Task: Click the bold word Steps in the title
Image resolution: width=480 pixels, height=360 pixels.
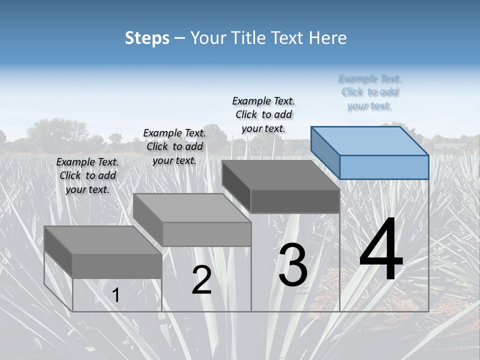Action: point(147,38)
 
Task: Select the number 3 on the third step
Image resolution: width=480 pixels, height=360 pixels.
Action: point(293,266)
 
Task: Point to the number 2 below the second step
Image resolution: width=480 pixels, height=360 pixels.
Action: point(201,280)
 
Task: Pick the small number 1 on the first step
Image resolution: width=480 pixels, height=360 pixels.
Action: point(115,295)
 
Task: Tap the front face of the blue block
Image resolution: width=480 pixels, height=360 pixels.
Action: point(384,167)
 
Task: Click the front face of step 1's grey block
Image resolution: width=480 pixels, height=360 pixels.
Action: point(117,266)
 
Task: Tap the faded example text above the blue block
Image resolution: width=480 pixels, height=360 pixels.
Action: point(370,92)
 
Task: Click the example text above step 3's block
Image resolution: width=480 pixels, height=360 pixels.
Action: point(263,114)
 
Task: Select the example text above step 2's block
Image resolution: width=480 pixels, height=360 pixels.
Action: point(174,146)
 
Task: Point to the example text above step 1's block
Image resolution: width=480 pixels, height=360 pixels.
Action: point(87,175)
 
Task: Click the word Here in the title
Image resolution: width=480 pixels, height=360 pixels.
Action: point(328,38)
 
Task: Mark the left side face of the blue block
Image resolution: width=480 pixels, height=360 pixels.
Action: point(325,152)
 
